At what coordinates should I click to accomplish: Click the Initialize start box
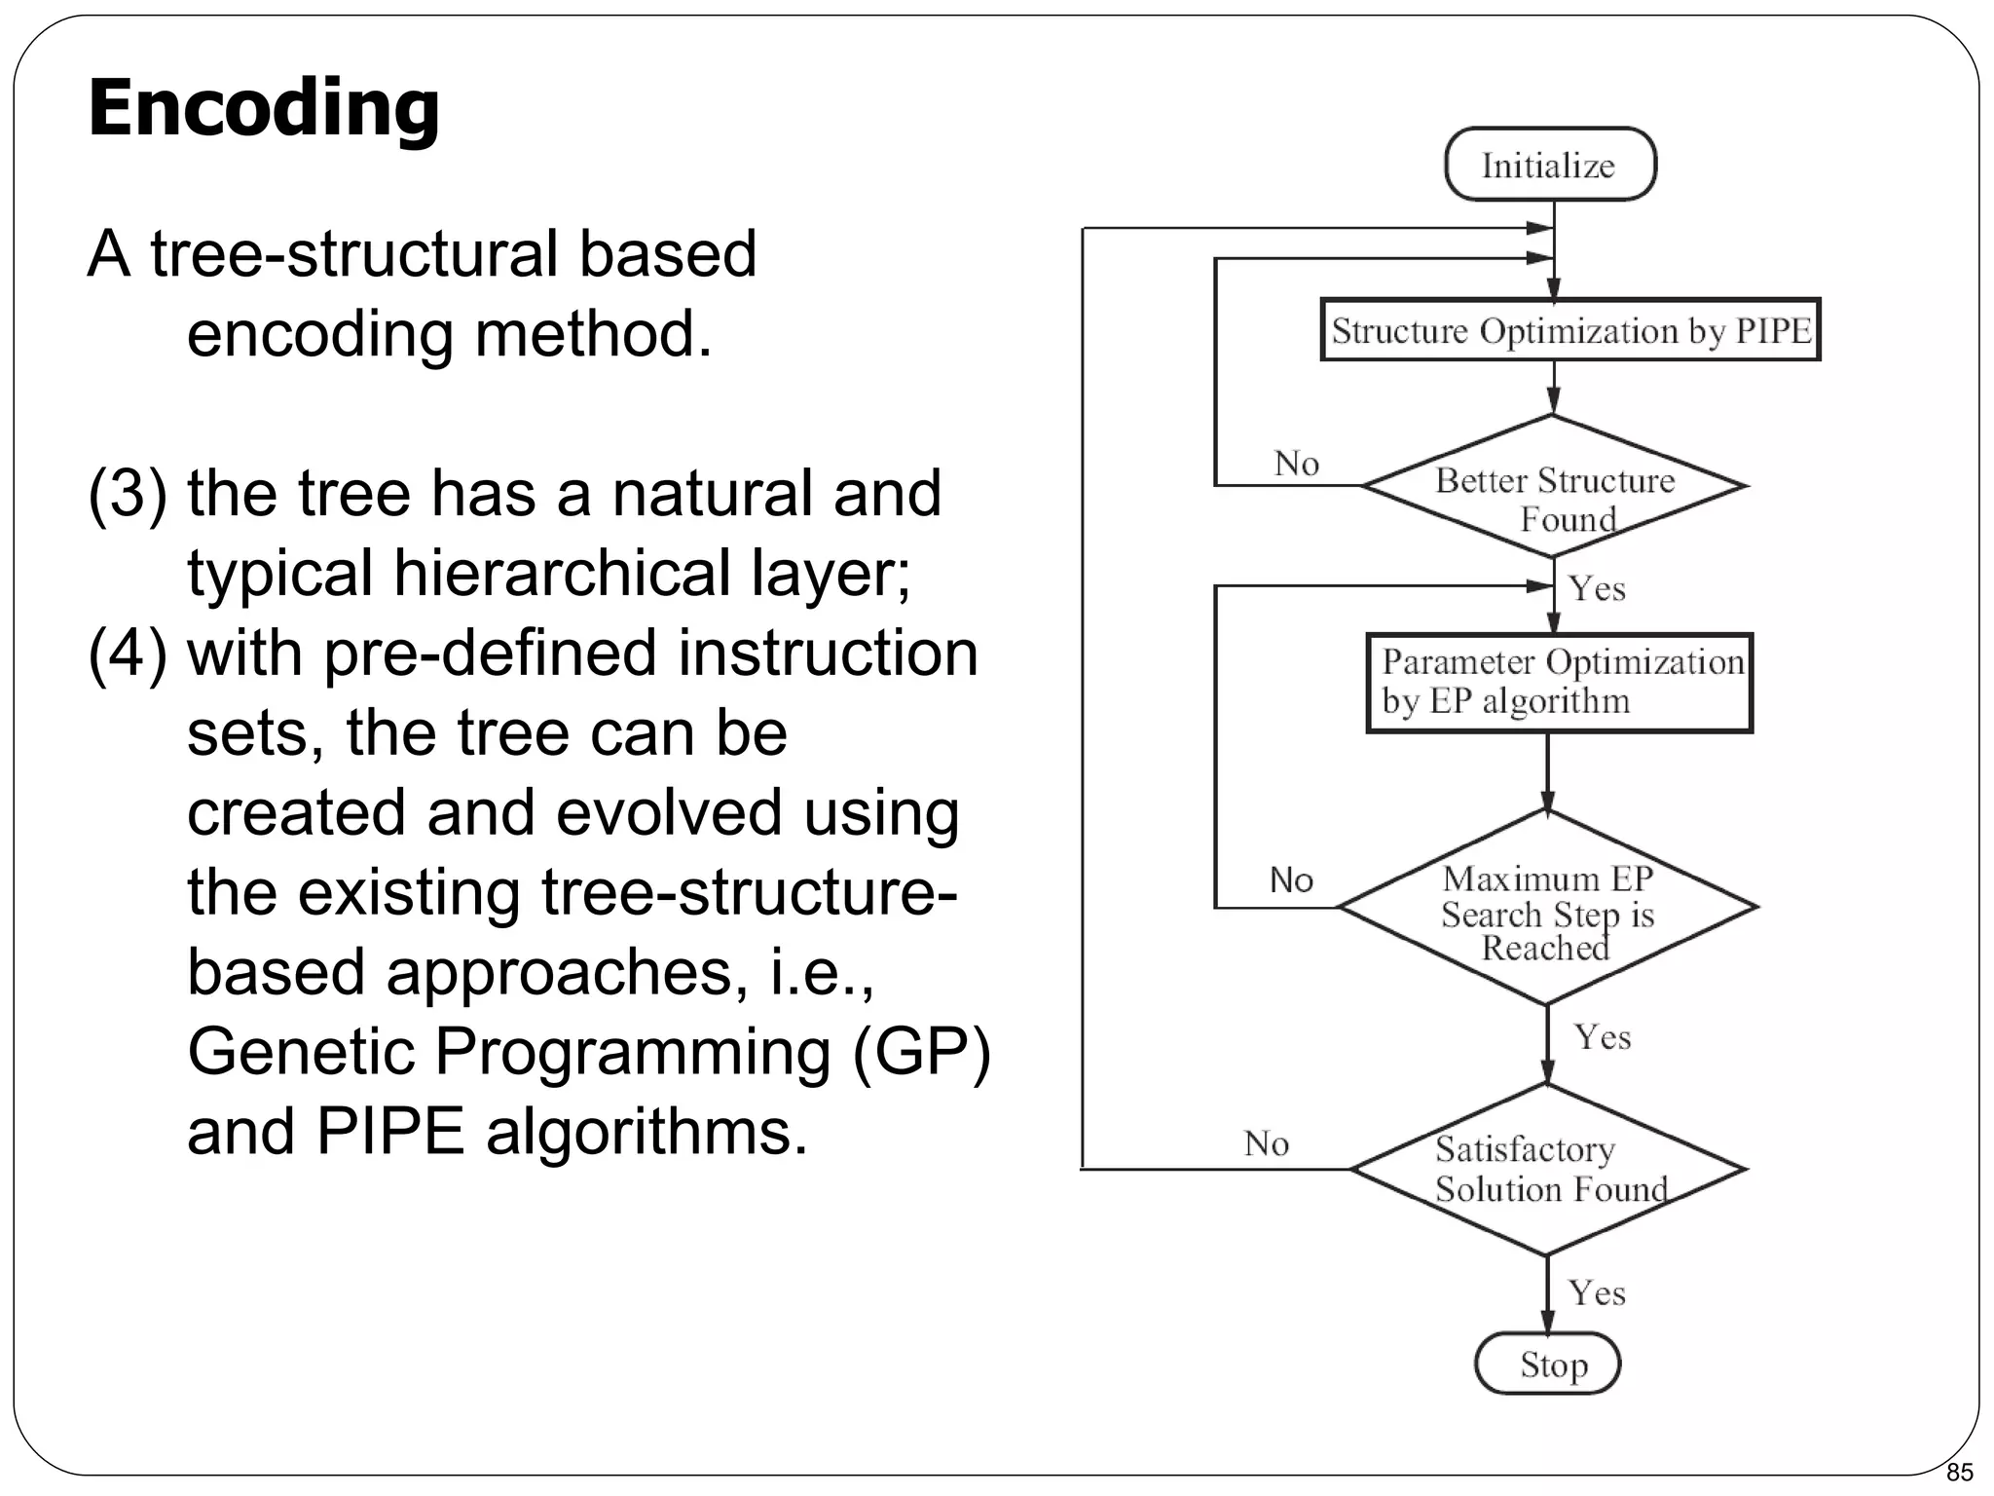[x=1549, y=165]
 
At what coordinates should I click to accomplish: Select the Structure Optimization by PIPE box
[x=1569, y=330]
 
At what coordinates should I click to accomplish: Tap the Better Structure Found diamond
[x=1554, y=487]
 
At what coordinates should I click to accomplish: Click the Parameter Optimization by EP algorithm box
[x=1559, y=683]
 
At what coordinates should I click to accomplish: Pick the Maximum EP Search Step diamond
[x=1548, y=908]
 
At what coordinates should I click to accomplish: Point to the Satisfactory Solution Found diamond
[x=1548, y=1170]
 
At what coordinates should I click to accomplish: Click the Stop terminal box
[x=1548, y=1364]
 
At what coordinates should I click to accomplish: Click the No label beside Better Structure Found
[x=1296, y=464]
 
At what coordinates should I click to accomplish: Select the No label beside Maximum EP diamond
[x=1291, y=880]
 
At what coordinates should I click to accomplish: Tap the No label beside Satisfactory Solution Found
[x=1266, y=1143]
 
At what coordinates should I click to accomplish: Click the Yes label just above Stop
[x=1597, y=1293]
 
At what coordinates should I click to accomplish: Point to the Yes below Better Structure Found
[x=1597, y=589]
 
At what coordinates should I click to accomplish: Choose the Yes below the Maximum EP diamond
[x=1602, y=1037]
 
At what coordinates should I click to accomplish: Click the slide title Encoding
[x=263, y=107]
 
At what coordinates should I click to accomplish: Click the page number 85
[x=1959, y=1472]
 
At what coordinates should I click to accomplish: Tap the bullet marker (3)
[x=127, y=493]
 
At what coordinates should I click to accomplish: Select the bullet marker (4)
[x=127, y=653]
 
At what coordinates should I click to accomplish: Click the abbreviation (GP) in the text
[x=920, y=1052]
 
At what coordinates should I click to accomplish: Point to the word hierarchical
[x=562, y=573]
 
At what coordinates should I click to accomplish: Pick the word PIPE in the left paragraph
[x=389, y=1132]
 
